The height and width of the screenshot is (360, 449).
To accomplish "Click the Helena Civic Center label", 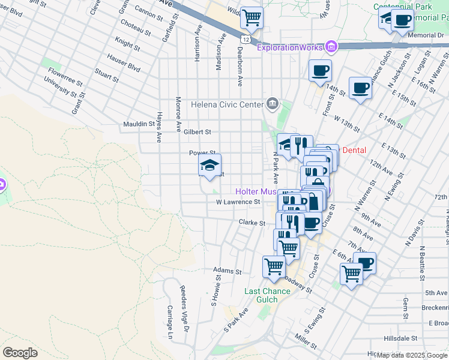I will [227, 104].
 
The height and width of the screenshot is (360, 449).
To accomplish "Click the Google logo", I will [20, 353].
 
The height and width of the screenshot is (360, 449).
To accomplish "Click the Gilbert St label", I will [197, 132].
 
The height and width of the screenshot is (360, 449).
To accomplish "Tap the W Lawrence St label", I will [238, 202].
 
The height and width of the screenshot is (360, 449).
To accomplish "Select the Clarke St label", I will [252, 223].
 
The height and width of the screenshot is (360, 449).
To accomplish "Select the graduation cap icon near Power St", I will [209, 166].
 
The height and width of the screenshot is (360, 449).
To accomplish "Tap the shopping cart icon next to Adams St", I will [274, 266].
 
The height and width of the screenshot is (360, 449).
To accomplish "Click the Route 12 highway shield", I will [244, 38].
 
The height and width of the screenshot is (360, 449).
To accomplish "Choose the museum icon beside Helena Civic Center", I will [273, 104].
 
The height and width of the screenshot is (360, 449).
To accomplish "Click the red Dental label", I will [353, 150].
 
